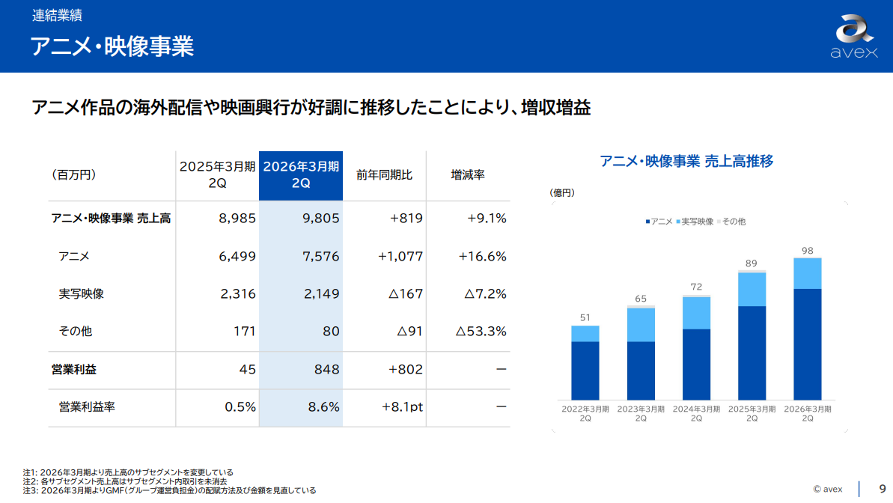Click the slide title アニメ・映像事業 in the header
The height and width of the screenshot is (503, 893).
pos(112,46)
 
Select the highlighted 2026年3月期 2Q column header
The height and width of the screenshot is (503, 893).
pos(301,174)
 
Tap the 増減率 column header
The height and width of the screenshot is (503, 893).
pos(468,174)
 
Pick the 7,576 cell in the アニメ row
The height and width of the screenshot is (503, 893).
pos(321,256)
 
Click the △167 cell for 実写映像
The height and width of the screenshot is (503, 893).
pos(406,293)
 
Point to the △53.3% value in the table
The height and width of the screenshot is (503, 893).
pos(481,331)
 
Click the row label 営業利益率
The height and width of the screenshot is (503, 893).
pos(87,407)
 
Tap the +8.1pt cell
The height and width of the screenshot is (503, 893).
pos(402,407)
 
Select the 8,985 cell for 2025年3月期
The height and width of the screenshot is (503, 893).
pos(237,219)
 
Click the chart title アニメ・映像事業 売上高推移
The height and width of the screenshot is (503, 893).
pos(686,161)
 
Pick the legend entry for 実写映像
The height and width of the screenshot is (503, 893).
pos(695,222)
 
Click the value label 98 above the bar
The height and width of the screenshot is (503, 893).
pos(807,251)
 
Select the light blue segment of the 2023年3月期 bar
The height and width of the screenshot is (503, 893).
pos(641,325)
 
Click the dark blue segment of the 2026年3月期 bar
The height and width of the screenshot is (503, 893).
pos(807,344)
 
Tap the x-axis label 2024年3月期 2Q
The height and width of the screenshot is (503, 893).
pos(696,414)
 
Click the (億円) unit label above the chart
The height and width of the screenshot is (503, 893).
pos(562,193)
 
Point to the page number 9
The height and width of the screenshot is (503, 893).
pos(882,489)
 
